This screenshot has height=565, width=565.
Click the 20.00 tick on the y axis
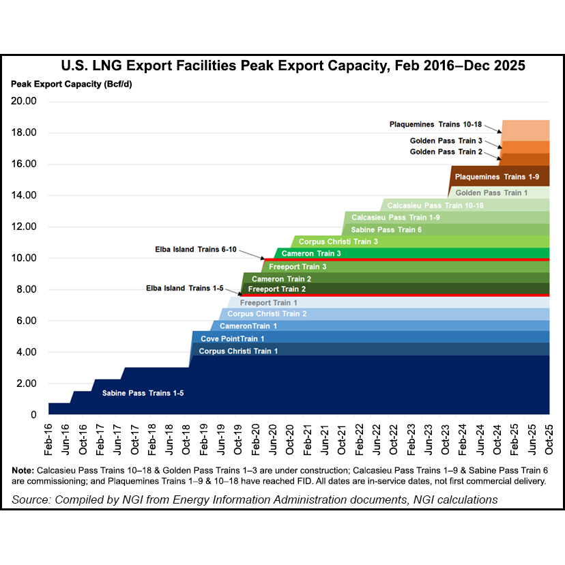coord(25,101)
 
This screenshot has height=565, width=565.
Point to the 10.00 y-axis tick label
coord(25,258)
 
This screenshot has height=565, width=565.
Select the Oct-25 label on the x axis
coord(549,436)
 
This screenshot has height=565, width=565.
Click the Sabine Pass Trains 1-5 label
coord(143,394)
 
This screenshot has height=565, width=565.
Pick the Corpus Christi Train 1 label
coord(239,351)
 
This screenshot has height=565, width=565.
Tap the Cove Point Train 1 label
coord(232,338)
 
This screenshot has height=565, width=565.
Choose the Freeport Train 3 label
coord(298,267)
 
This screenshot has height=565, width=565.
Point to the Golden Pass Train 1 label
coord(491,193)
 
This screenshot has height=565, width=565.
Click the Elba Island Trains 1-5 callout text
coord(185,289)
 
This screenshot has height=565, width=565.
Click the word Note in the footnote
coord(23,471)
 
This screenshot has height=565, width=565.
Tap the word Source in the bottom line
coord(32,500)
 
